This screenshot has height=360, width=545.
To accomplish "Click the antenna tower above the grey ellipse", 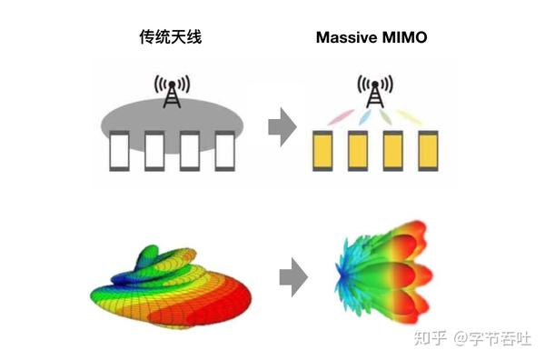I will point(172,91).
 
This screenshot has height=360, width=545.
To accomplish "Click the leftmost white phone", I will point(118,153).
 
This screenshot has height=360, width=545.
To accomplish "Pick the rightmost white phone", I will point(225,153).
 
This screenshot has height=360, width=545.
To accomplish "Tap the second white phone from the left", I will point(154,153).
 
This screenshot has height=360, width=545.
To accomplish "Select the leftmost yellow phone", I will point(322,153).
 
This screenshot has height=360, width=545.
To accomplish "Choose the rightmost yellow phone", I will point(430,153).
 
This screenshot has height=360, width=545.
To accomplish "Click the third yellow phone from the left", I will point(394,153).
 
